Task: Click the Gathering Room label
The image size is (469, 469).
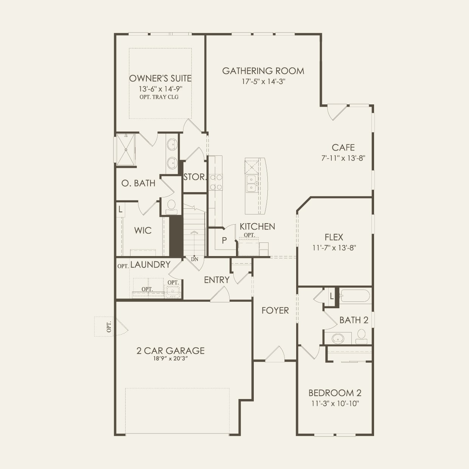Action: click(263, 71)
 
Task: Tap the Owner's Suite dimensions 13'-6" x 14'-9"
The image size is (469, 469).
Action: click(160, 89)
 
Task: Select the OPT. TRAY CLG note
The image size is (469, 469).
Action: click(159, 97)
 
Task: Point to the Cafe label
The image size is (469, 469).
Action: click(343, 148)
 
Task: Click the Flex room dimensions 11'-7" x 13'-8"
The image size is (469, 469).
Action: click(334, 248)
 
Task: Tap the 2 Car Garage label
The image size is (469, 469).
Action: click(170, 351)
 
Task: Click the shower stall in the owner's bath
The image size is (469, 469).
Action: click(126, 150)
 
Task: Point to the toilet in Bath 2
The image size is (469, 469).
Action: click(362, 335)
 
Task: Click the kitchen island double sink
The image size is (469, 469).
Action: click(251, 183)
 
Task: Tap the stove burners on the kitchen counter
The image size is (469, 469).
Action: click(216, 182)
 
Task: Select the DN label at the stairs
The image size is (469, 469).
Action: click(194, 259)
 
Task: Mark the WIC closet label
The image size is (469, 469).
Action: click(143, 230)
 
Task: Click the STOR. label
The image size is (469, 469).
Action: click(194, 177)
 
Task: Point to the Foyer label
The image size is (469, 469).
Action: click(275, 311)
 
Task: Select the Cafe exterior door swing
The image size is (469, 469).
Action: click(336, 111)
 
